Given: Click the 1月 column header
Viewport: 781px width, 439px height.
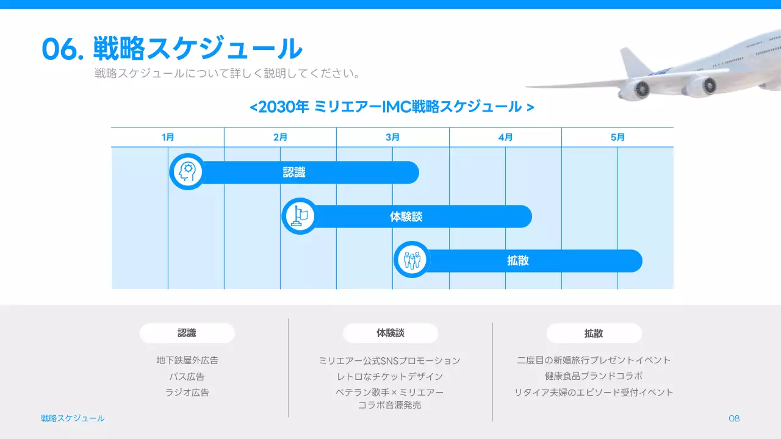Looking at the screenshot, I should (168, 138).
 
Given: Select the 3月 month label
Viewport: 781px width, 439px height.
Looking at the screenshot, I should (393, 138).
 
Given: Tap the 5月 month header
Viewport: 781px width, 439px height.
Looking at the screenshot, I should (617, 138).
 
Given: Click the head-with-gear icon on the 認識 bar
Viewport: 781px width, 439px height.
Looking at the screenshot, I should (187, 172).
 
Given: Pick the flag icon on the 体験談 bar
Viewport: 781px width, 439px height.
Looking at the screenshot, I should (300, 216).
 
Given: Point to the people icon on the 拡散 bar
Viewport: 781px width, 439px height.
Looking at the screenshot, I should (412, 260).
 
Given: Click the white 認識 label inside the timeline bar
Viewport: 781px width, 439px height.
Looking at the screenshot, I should (294, 173).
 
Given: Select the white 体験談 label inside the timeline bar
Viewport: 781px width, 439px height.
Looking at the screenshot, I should (406, 217).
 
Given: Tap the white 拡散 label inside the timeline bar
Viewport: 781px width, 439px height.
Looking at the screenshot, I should (518, 261).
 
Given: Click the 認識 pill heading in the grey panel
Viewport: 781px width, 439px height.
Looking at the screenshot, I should (187, 334).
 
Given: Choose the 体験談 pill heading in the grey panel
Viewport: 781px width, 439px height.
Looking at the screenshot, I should (390, 334).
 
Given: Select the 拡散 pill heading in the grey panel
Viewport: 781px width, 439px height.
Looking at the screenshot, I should (594, 334).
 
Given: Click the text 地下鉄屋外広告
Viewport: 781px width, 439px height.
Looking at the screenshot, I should (187, 360).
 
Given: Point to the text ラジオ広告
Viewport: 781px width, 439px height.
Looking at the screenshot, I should (187, 393).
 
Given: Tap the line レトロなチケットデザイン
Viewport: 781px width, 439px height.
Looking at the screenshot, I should (390, 377).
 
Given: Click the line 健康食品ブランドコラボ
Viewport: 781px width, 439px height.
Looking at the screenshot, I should (594, 376).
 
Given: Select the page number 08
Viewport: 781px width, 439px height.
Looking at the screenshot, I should (734, 418).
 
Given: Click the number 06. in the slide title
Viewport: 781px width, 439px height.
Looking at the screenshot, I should (63, 49).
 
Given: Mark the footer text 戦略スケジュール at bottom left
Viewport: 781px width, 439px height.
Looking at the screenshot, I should (73, 418).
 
